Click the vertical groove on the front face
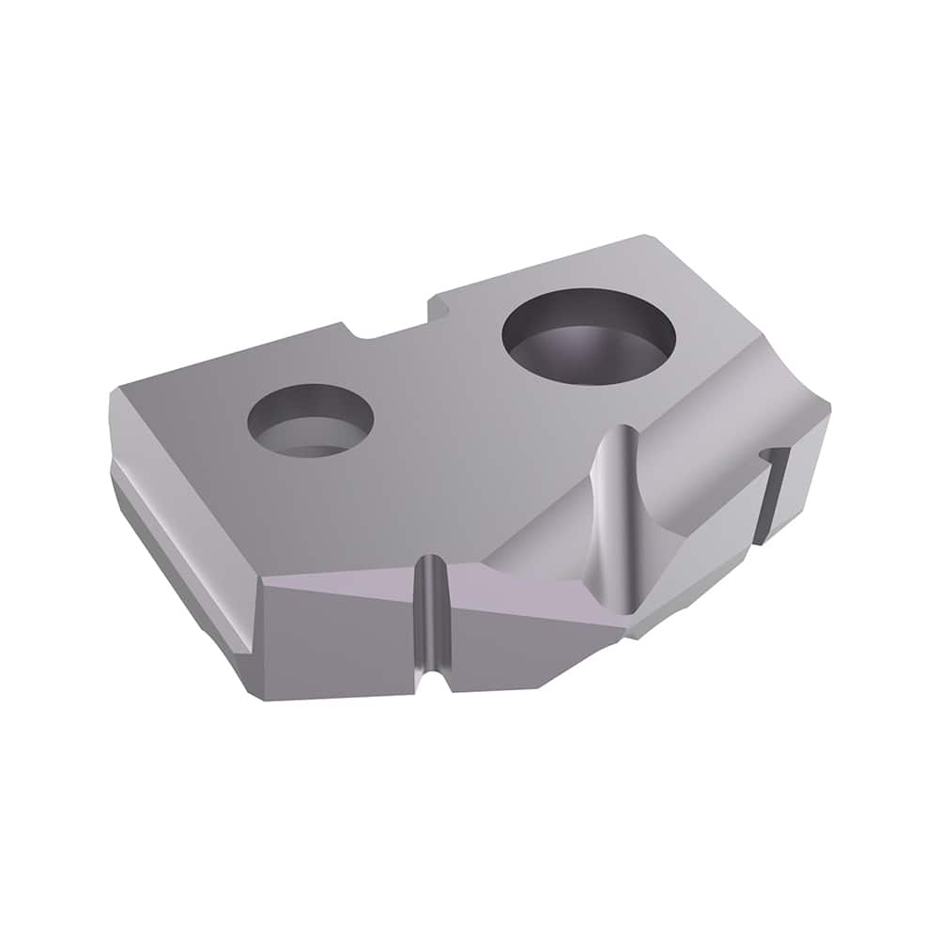click(429, 620)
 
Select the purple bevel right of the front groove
click(535, 606)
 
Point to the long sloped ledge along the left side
click(178, 554)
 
